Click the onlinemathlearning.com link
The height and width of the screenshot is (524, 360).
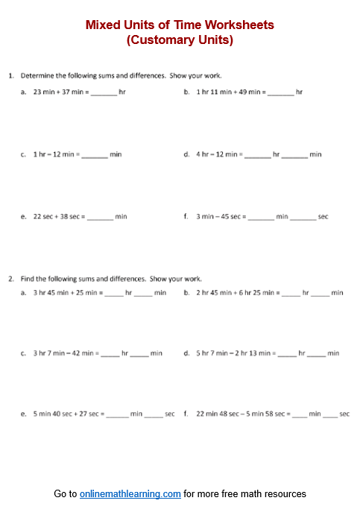point(130,493)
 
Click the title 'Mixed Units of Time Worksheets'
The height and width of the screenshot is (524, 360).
point(180,25)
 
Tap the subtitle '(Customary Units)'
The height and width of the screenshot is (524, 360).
point(180,40)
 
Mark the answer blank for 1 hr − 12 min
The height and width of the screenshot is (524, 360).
point(95,155)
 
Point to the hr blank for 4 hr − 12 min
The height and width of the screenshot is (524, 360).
point(258,155)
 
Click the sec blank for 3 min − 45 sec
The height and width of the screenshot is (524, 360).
point(303,218)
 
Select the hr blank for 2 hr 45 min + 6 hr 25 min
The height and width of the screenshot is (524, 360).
point(291,294)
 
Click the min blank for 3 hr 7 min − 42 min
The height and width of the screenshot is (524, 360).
point(140,354)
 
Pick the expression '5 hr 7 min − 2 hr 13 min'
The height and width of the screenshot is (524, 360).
point(235,353)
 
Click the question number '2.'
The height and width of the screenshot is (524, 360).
point(11,279)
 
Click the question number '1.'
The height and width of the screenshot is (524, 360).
point(11,75)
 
